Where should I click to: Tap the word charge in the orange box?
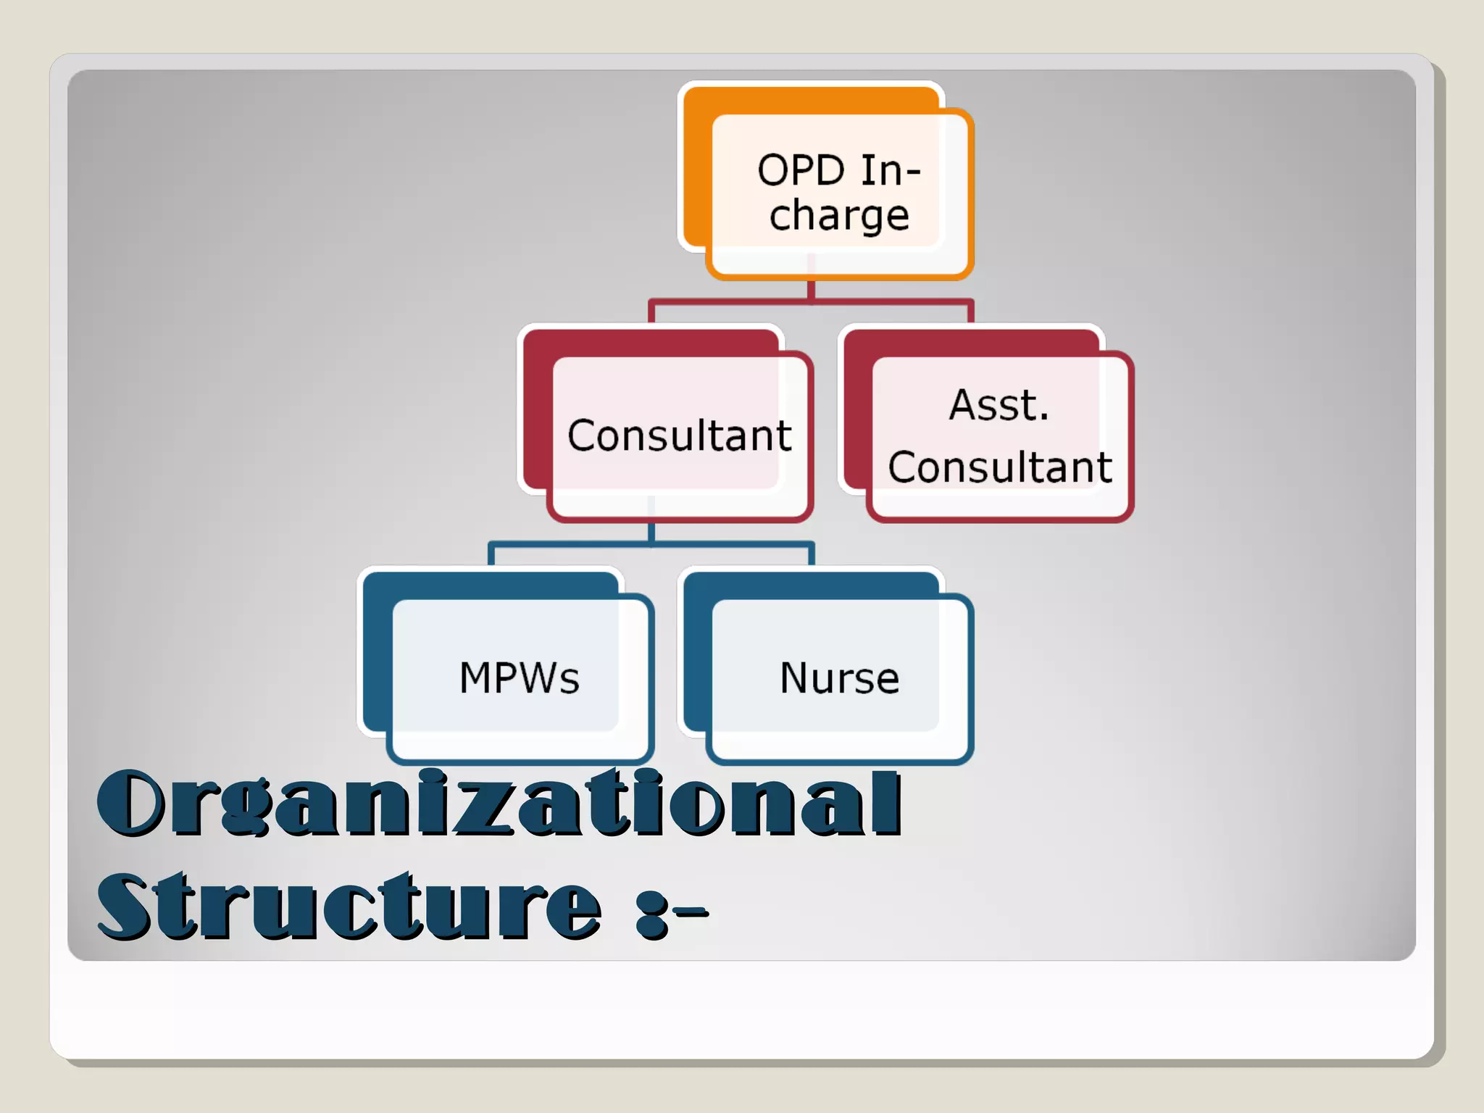(839, 216)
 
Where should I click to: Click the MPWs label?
(520, 678)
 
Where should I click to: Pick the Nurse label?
(839, 678)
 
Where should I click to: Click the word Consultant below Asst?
(1000, 467)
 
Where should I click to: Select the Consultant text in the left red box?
(679, 435)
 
